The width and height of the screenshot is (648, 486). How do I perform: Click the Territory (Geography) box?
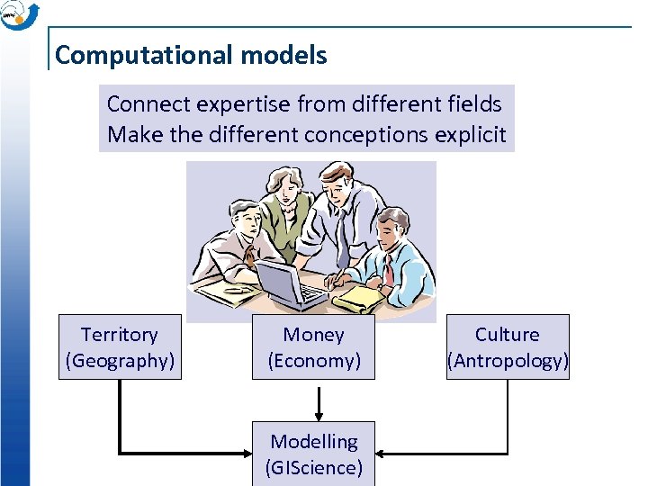(x=120, y=347)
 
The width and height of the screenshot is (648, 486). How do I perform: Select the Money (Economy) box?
(x=313, y=347)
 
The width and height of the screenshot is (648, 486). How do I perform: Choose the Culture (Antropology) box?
(x=508, y=347)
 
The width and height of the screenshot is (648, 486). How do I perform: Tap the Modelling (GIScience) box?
(x=313, y=454)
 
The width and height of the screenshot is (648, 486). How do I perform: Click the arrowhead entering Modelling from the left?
(x=245, y=453)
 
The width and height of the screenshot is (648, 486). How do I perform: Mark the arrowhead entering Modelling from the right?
(x=382, y=453)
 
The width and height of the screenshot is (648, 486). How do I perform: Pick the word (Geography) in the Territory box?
(x=120, y=361)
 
